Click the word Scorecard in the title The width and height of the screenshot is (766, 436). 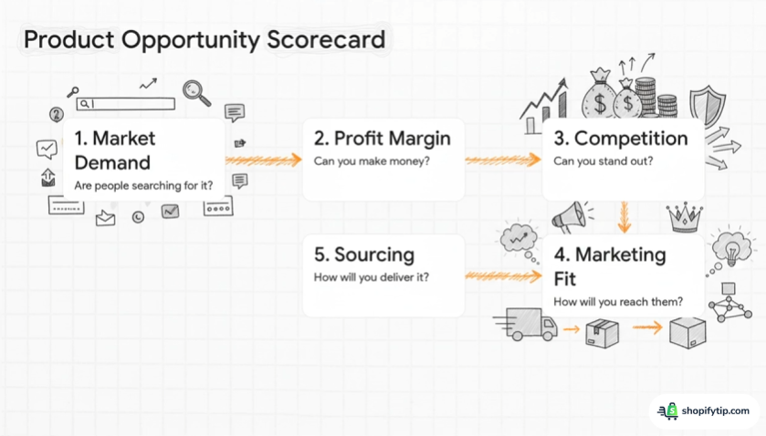(x=326, y=39)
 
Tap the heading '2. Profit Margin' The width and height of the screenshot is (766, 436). (x=382, y=139)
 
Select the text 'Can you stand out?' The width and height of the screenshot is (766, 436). (x=603, y=161)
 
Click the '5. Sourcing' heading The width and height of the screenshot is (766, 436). (x=364, y=254)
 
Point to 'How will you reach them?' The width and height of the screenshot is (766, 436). (x=618, y=302)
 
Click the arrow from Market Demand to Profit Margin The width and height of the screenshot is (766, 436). (x=264, y=160)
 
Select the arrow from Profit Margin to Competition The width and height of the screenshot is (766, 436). (x=503, y=160)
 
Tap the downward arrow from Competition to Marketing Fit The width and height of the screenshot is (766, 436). (x=624, y=217)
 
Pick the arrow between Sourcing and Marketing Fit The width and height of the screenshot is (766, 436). (x=503, y=275)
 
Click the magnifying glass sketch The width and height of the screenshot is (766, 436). (x=196, y=93)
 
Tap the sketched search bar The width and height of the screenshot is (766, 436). (x=126, y=103)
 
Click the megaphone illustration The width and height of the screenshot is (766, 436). (x=571, y=217)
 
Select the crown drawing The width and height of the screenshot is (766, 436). (x=685, y=217)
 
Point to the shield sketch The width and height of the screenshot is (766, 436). (x=707, y=106)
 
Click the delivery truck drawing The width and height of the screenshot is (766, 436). (x=527, y=324)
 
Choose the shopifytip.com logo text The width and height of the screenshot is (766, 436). (x=715, y=411)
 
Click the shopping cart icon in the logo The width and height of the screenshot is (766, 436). (x=667, y=411)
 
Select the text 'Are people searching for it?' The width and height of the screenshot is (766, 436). (x=143, y=185)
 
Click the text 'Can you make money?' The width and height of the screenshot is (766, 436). (x=372, y=161)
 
